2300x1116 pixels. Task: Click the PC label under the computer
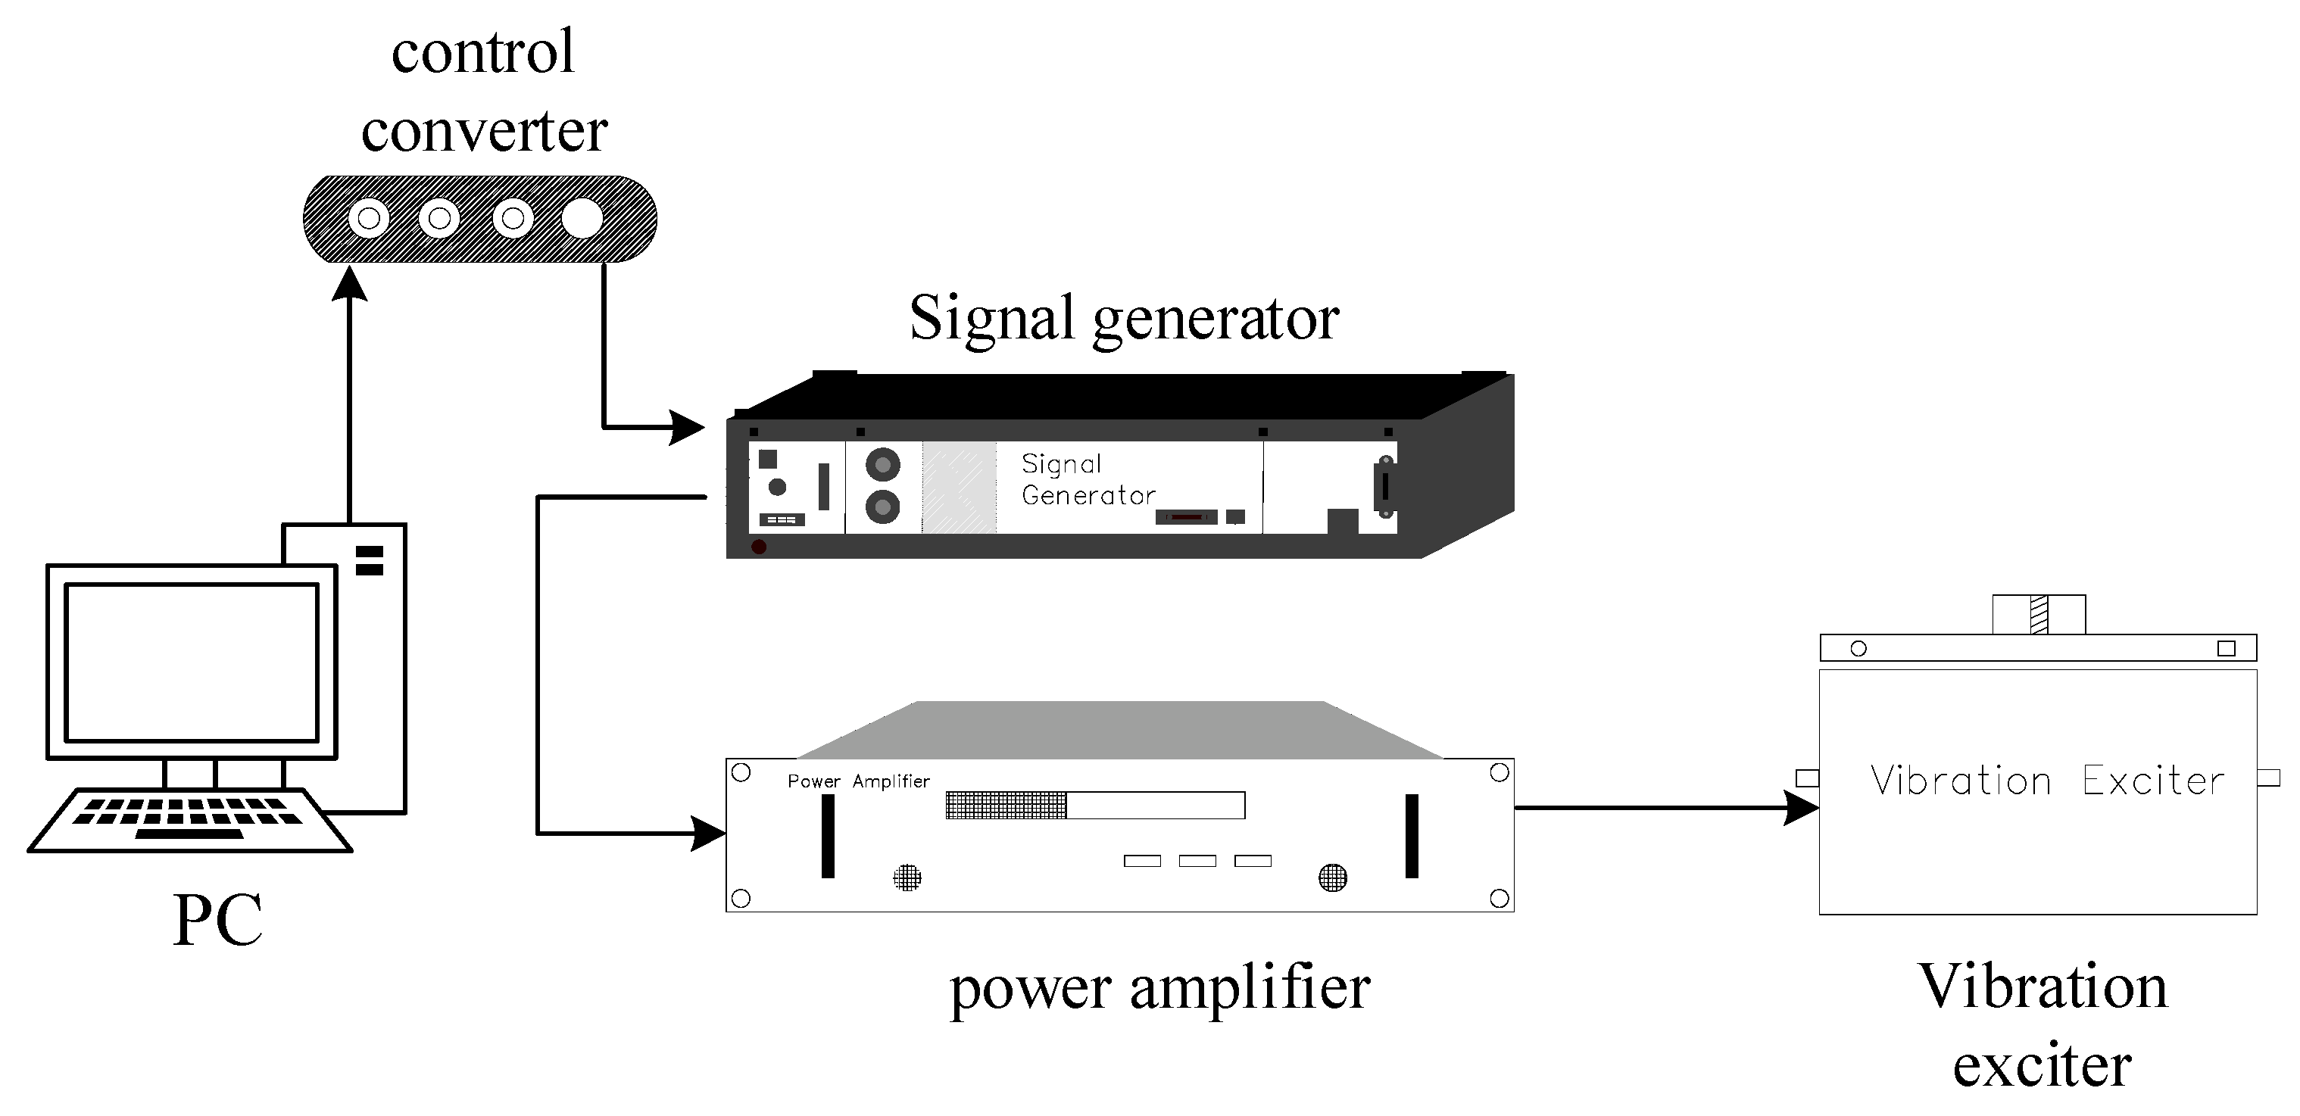coord(218,920)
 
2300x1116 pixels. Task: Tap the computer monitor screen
coord(191,662)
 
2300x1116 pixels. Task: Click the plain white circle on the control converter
coord(582,219)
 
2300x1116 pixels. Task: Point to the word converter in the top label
coord(484,131)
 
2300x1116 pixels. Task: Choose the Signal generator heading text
coord(1123,318)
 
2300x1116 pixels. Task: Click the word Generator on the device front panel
coord(1088,495)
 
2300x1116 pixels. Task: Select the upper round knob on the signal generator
coord(882,464)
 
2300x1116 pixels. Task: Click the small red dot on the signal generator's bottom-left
coord(759,547)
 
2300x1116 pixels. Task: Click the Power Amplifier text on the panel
coord(857,781)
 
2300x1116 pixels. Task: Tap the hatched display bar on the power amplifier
coord(1006,806)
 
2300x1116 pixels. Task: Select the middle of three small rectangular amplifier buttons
coord(1197,861)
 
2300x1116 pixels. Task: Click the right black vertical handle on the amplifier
coord(1412,836)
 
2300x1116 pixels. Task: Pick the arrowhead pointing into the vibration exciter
coord(1800,808)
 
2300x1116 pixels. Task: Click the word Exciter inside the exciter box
coord(2152,781)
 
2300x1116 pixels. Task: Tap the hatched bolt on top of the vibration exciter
coord(2039,614)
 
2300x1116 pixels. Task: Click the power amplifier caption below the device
coord(1159,990)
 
